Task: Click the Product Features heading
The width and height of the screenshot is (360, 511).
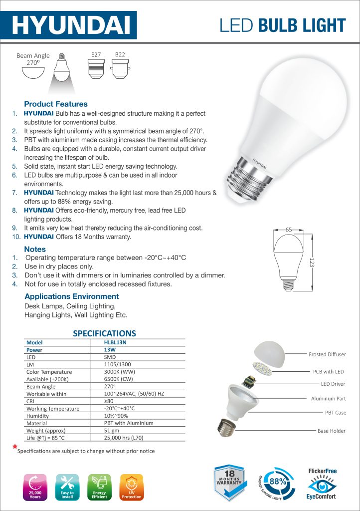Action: [56, 104]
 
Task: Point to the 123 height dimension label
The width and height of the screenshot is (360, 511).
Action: [311, 262]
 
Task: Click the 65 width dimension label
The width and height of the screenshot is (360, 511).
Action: [289, 229]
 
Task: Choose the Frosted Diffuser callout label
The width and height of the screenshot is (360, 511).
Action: [327, 354]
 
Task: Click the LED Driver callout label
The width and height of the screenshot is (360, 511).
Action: [333, 384]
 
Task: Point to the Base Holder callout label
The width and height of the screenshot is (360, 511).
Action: [331, 431]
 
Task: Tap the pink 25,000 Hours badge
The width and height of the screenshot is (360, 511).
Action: [35, 487]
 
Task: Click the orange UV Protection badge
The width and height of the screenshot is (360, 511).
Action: [131, 487]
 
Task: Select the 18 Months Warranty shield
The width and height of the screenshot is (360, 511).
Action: [229, 482]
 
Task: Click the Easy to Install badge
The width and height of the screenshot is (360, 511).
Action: [67, 487]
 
